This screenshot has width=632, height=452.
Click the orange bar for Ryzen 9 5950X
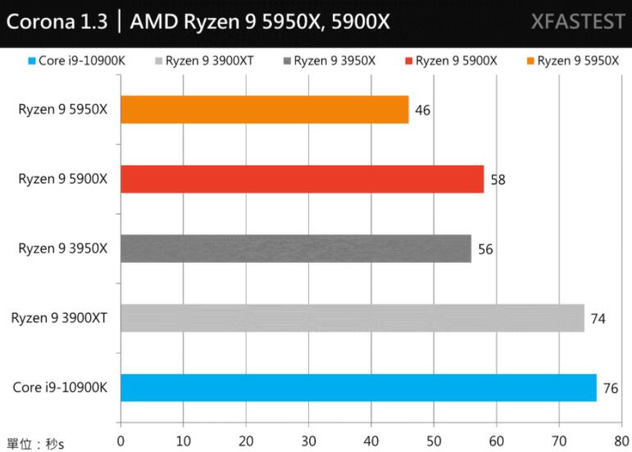tap(264, 110)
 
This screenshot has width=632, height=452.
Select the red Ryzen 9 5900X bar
tap(302, 179)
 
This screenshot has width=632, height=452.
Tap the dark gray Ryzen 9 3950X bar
tap(295, 248)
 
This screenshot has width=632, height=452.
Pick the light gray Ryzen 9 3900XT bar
tap(352, 318)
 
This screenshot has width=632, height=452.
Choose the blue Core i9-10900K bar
tap(358, 387)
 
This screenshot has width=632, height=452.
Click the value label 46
tap(423, 111)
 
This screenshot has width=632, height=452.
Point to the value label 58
tap(498, 179)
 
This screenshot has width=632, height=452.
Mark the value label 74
tap(598, 319)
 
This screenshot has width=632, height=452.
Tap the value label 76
tap(611, 388)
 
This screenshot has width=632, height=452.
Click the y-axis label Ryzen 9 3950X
tap(63, 248)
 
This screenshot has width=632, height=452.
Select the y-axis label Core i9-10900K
tap(60, 387)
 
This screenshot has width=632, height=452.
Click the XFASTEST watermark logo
tap(577, 21)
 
